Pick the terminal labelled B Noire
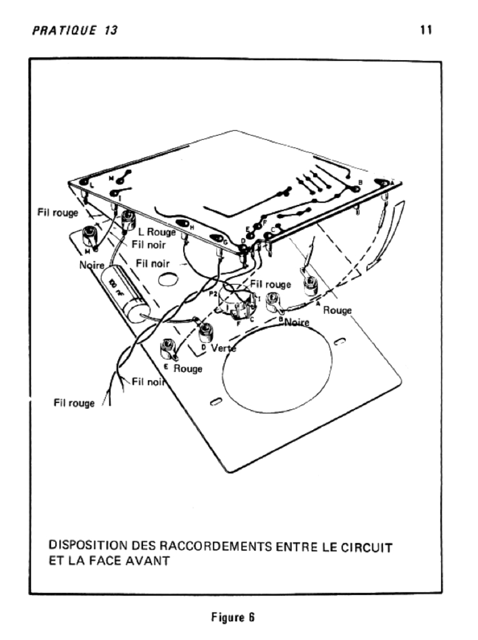[272, 301]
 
